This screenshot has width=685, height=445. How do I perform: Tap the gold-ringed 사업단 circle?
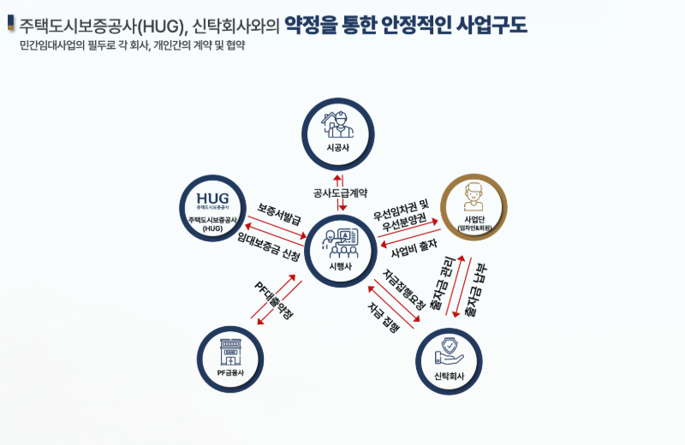pos(474,208)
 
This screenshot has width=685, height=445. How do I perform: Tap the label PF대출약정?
pos(274,301)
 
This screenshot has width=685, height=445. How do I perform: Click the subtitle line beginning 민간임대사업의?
pos(132,45)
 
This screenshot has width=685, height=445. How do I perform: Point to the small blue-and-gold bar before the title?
pos(10,22)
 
